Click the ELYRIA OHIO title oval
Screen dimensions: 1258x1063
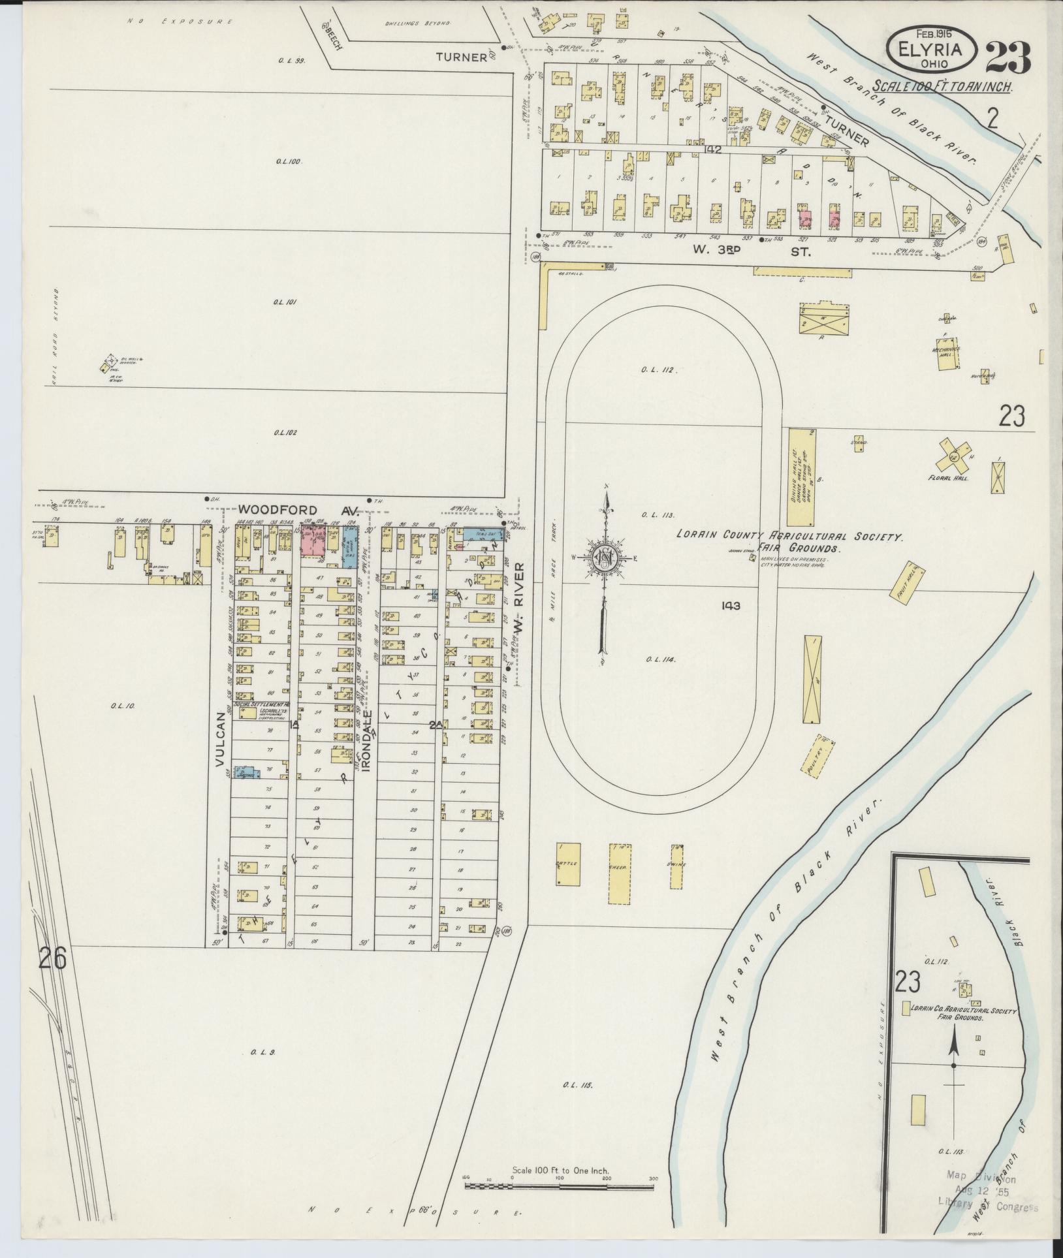click(x=931, y=51)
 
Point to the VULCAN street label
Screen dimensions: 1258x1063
click(x=220, y=737)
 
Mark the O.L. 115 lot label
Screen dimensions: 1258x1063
click(x=577, y=1086)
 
